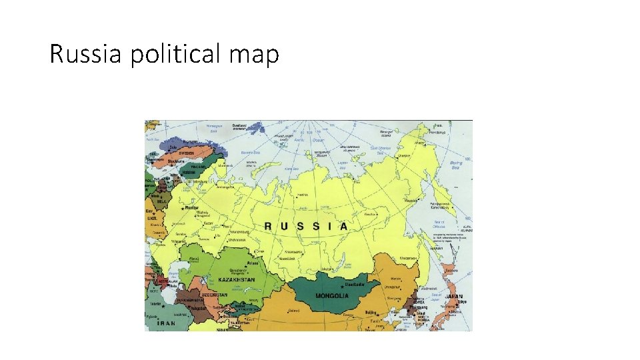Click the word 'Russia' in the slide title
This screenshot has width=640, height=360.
[x=86, y=54]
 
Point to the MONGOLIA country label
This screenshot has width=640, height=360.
[x=331, y=295]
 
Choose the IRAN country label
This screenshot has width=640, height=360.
[x=165, y=323]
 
